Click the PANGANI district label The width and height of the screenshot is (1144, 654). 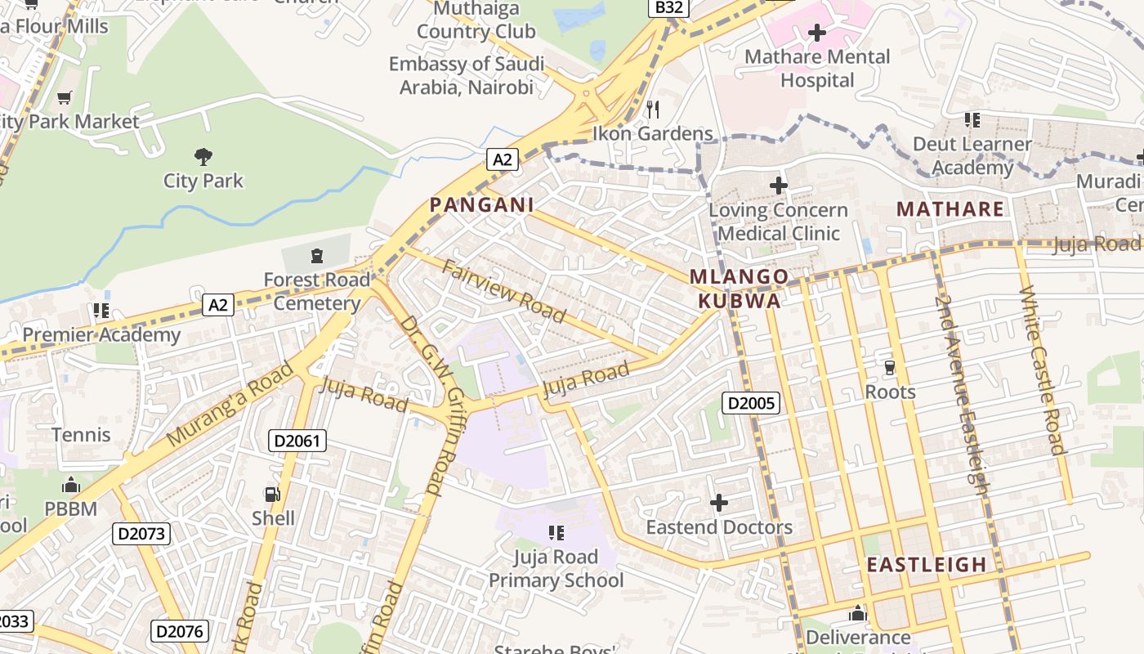482,205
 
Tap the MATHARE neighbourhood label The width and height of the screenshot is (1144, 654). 950,209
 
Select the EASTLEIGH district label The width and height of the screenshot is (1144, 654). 927,565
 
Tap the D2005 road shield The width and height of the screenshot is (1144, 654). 751,403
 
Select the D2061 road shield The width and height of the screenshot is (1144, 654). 297,441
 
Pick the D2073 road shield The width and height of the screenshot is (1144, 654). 141,535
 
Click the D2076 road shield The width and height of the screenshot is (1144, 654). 180,631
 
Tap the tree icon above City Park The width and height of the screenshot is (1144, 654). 203,156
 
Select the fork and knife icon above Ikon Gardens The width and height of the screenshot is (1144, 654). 652,109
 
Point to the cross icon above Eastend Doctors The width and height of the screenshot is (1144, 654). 719,503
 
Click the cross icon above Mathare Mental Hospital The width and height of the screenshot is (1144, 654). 816,34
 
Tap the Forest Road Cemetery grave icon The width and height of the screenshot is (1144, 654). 316,257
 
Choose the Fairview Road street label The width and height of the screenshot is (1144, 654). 504,291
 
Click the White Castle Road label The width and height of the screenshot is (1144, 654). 1043,370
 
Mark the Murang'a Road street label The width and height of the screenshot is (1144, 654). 230,404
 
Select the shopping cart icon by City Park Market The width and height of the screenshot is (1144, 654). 65,98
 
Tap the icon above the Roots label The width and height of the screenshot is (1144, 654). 890,368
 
